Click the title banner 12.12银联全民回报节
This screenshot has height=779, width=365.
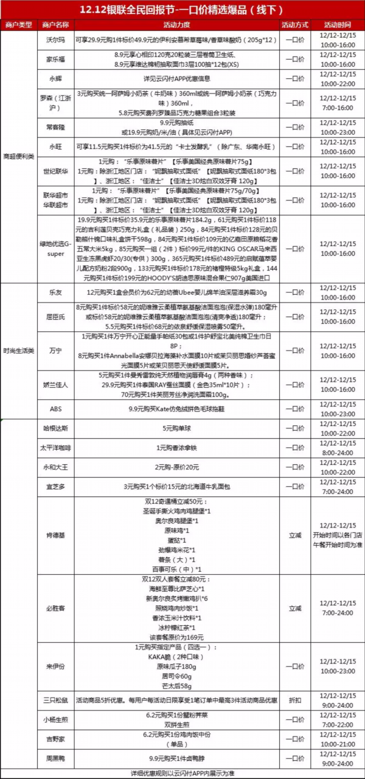(182, 10)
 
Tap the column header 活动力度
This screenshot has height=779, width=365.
(176, 25)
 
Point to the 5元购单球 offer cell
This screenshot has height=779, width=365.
(176, 429)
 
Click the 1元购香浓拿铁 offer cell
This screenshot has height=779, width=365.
(176, 448)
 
